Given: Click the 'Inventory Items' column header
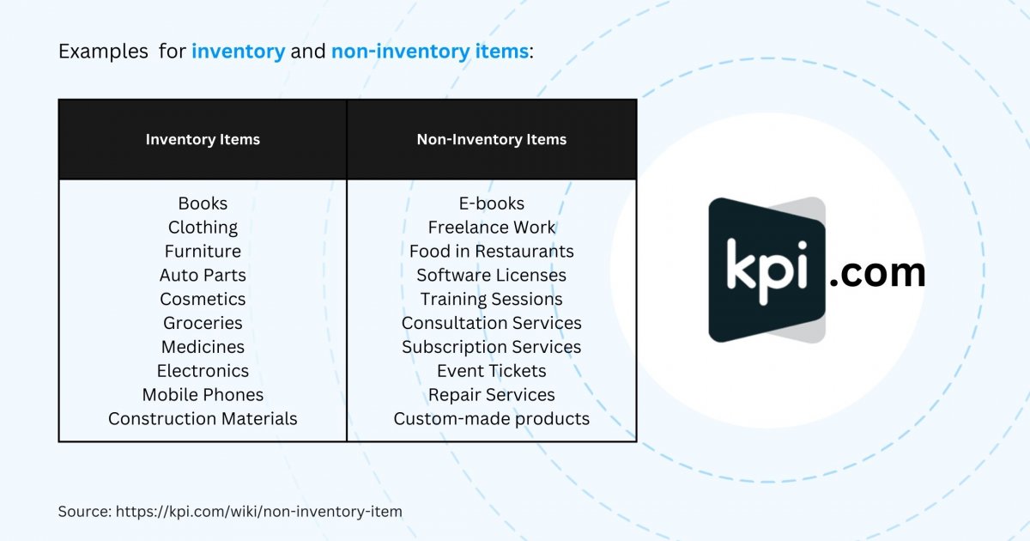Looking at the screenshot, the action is point(203,139).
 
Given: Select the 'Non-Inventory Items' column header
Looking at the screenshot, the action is point(492,139).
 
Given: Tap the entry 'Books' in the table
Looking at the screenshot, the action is point(203,204).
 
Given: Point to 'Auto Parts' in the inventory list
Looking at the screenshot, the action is point(203,275).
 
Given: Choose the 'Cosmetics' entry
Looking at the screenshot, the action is point(203,299).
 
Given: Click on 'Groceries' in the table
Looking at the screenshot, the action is point(203,323).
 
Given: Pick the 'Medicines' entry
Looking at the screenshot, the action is point(203,347).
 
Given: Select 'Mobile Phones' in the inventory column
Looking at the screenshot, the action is point(203,395).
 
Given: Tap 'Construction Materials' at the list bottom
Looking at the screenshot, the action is point(203,419).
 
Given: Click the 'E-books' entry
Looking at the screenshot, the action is point(492,204).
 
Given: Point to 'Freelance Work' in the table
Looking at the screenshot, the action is point(492,228).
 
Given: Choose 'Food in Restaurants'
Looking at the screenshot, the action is point(492,251).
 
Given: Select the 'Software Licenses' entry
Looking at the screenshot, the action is point(492,275).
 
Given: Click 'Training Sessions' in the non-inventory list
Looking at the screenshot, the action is point(492,299).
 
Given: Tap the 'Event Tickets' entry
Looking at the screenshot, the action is point(492,371).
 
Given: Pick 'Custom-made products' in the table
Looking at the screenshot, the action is point(492,419).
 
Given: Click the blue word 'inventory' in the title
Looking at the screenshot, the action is point(239,52).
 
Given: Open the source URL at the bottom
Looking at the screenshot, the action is point(259,512).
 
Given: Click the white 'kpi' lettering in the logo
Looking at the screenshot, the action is point(767,271).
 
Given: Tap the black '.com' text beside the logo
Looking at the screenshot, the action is point(877,273).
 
